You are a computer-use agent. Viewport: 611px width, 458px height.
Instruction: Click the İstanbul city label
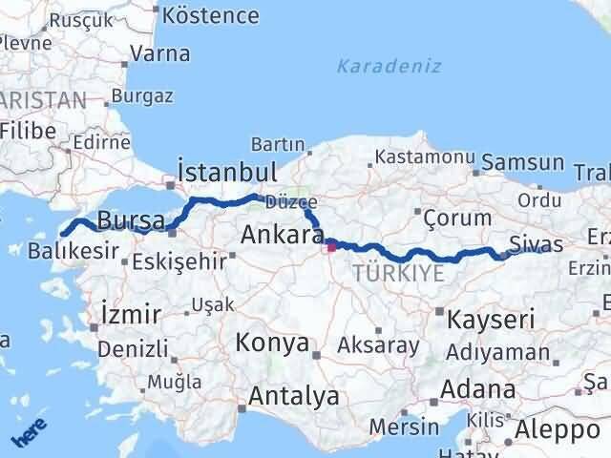point(227,172)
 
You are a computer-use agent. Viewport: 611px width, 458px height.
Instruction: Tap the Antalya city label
point(293,396)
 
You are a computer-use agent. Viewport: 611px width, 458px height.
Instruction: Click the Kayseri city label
point(490,319)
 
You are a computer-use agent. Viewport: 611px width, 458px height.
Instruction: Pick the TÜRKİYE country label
point(398,274)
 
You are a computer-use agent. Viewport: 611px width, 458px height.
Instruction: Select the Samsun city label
point(523,162)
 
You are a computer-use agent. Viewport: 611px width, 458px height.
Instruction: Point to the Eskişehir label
point(179,260)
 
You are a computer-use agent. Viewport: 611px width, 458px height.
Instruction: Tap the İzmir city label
point(129,311)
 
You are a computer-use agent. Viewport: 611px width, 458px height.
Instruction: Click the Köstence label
point(211,15)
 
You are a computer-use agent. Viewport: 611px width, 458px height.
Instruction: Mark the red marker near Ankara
point(331,247)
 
